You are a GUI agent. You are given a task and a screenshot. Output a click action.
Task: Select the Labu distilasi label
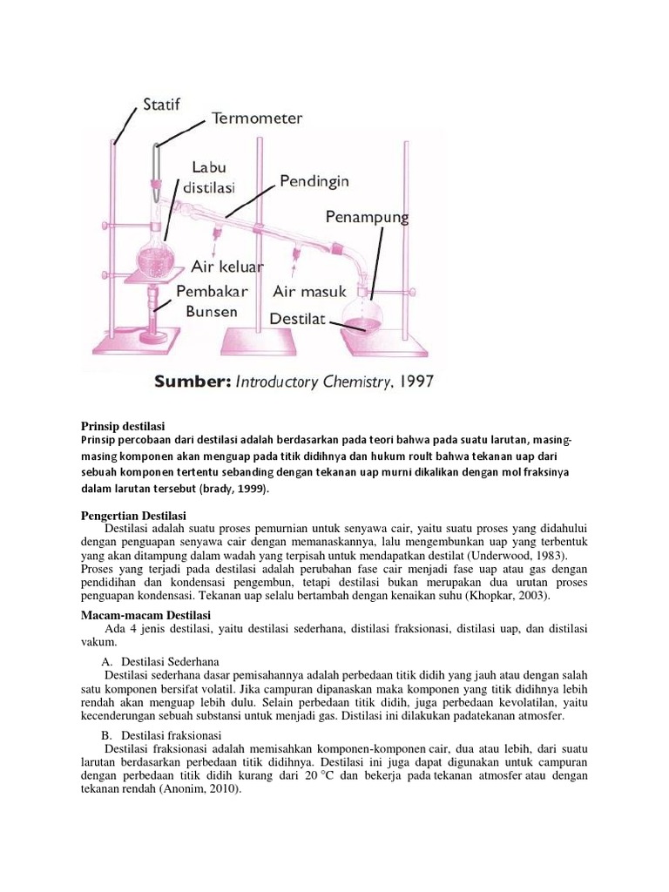(x=209, y=175)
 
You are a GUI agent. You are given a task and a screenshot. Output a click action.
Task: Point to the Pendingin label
(x=314, y=181)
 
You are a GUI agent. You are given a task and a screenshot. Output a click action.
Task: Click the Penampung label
(x=367, y=217)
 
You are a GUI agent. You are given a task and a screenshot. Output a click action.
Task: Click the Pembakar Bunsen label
(x=212, y=301)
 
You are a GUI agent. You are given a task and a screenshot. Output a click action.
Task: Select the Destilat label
(x=297, y=319)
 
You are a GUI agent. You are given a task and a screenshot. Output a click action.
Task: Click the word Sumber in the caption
(x=190, y=382)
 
